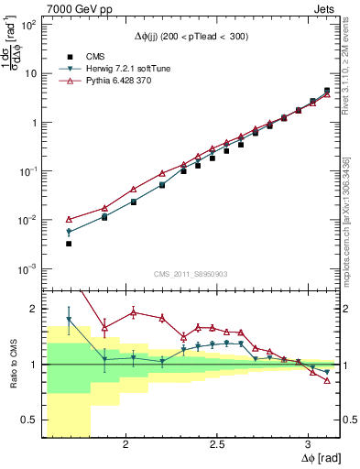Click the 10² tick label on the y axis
[27, 25]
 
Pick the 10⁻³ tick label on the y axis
[27, 268]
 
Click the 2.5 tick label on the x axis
[217, 444]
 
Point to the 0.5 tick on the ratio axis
[29, 420]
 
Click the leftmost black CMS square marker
[69, 244]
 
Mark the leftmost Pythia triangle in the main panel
[69, 220]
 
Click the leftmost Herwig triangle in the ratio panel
[69, 320]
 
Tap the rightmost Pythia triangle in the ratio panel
[327, 381]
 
